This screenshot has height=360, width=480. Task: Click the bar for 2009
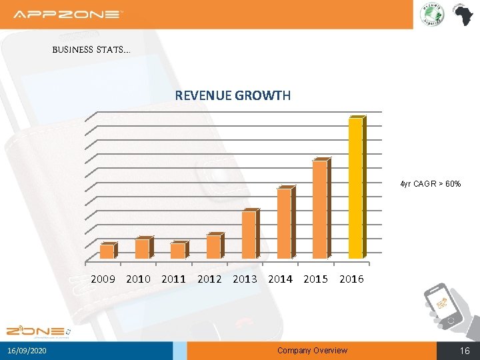pos(107,251)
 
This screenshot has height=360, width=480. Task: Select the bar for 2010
pos(142,249)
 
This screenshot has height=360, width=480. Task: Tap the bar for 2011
pos(177,251)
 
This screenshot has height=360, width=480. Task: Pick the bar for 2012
pos(213,247)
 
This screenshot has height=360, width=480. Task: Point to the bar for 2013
pos(249,234)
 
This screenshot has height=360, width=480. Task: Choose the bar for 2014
pos(284,223)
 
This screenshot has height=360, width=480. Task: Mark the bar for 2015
pos(319,209)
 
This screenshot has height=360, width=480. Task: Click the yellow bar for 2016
pos(355,187)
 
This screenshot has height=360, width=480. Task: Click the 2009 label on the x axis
pos(103,279)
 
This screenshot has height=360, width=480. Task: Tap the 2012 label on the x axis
pos(209,279)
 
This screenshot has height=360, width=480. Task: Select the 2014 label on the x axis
pos(280,279)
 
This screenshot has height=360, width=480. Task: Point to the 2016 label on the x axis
pos(351,279)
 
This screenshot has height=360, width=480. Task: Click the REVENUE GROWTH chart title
pos(233,95)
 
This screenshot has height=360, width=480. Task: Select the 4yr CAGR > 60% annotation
pos(430,183)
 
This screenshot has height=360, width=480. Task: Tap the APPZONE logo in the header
pos(68,14)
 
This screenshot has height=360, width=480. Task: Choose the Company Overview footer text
pos(312,351)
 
